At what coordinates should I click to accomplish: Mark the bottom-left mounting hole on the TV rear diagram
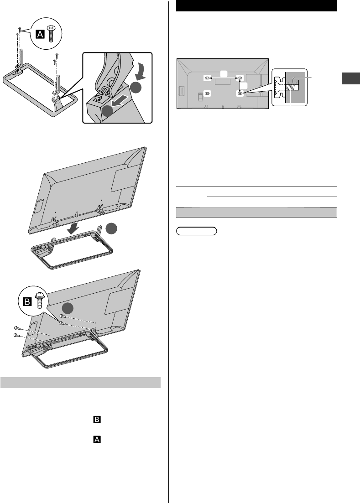(207, 93)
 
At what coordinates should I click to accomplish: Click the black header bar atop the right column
(256, 6)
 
